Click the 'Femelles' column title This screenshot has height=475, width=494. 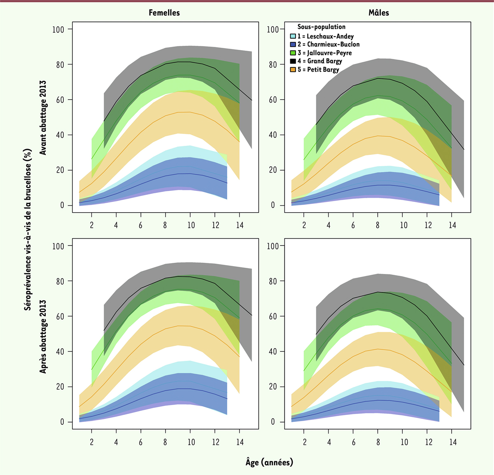pos(164,13)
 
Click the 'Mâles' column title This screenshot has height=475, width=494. pos(378,13)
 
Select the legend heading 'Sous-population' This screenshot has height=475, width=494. pos(321,27)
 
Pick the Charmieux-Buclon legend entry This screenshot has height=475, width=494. pos(328,44)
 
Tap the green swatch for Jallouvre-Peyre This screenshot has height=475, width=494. pos(293,53)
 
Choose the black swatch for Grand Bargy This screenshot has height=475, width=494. pos(293,61)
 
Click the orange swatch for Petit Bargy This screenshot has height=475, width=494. pos(293,70)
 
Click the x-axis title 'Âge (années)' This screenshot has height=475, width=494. pos(269,462)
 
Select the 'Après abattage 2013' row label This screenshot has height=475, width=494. pos(43,337)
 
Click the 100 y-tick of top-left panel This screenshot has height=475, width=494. pos(58,29)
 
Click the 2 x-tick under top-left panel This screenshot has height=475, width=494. pos(91,225)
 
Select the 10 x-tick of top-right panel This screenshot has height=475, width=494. pos(404,225)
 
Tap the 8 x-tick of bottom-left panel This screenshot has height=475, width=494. pos(165,442)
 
